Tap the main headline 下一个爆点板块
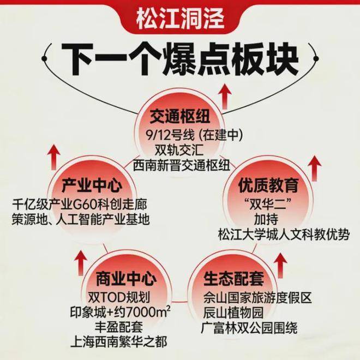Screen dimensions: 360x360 [x=180, y=56]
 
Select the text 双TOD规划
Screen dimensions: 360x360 [x=119, y=298]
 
